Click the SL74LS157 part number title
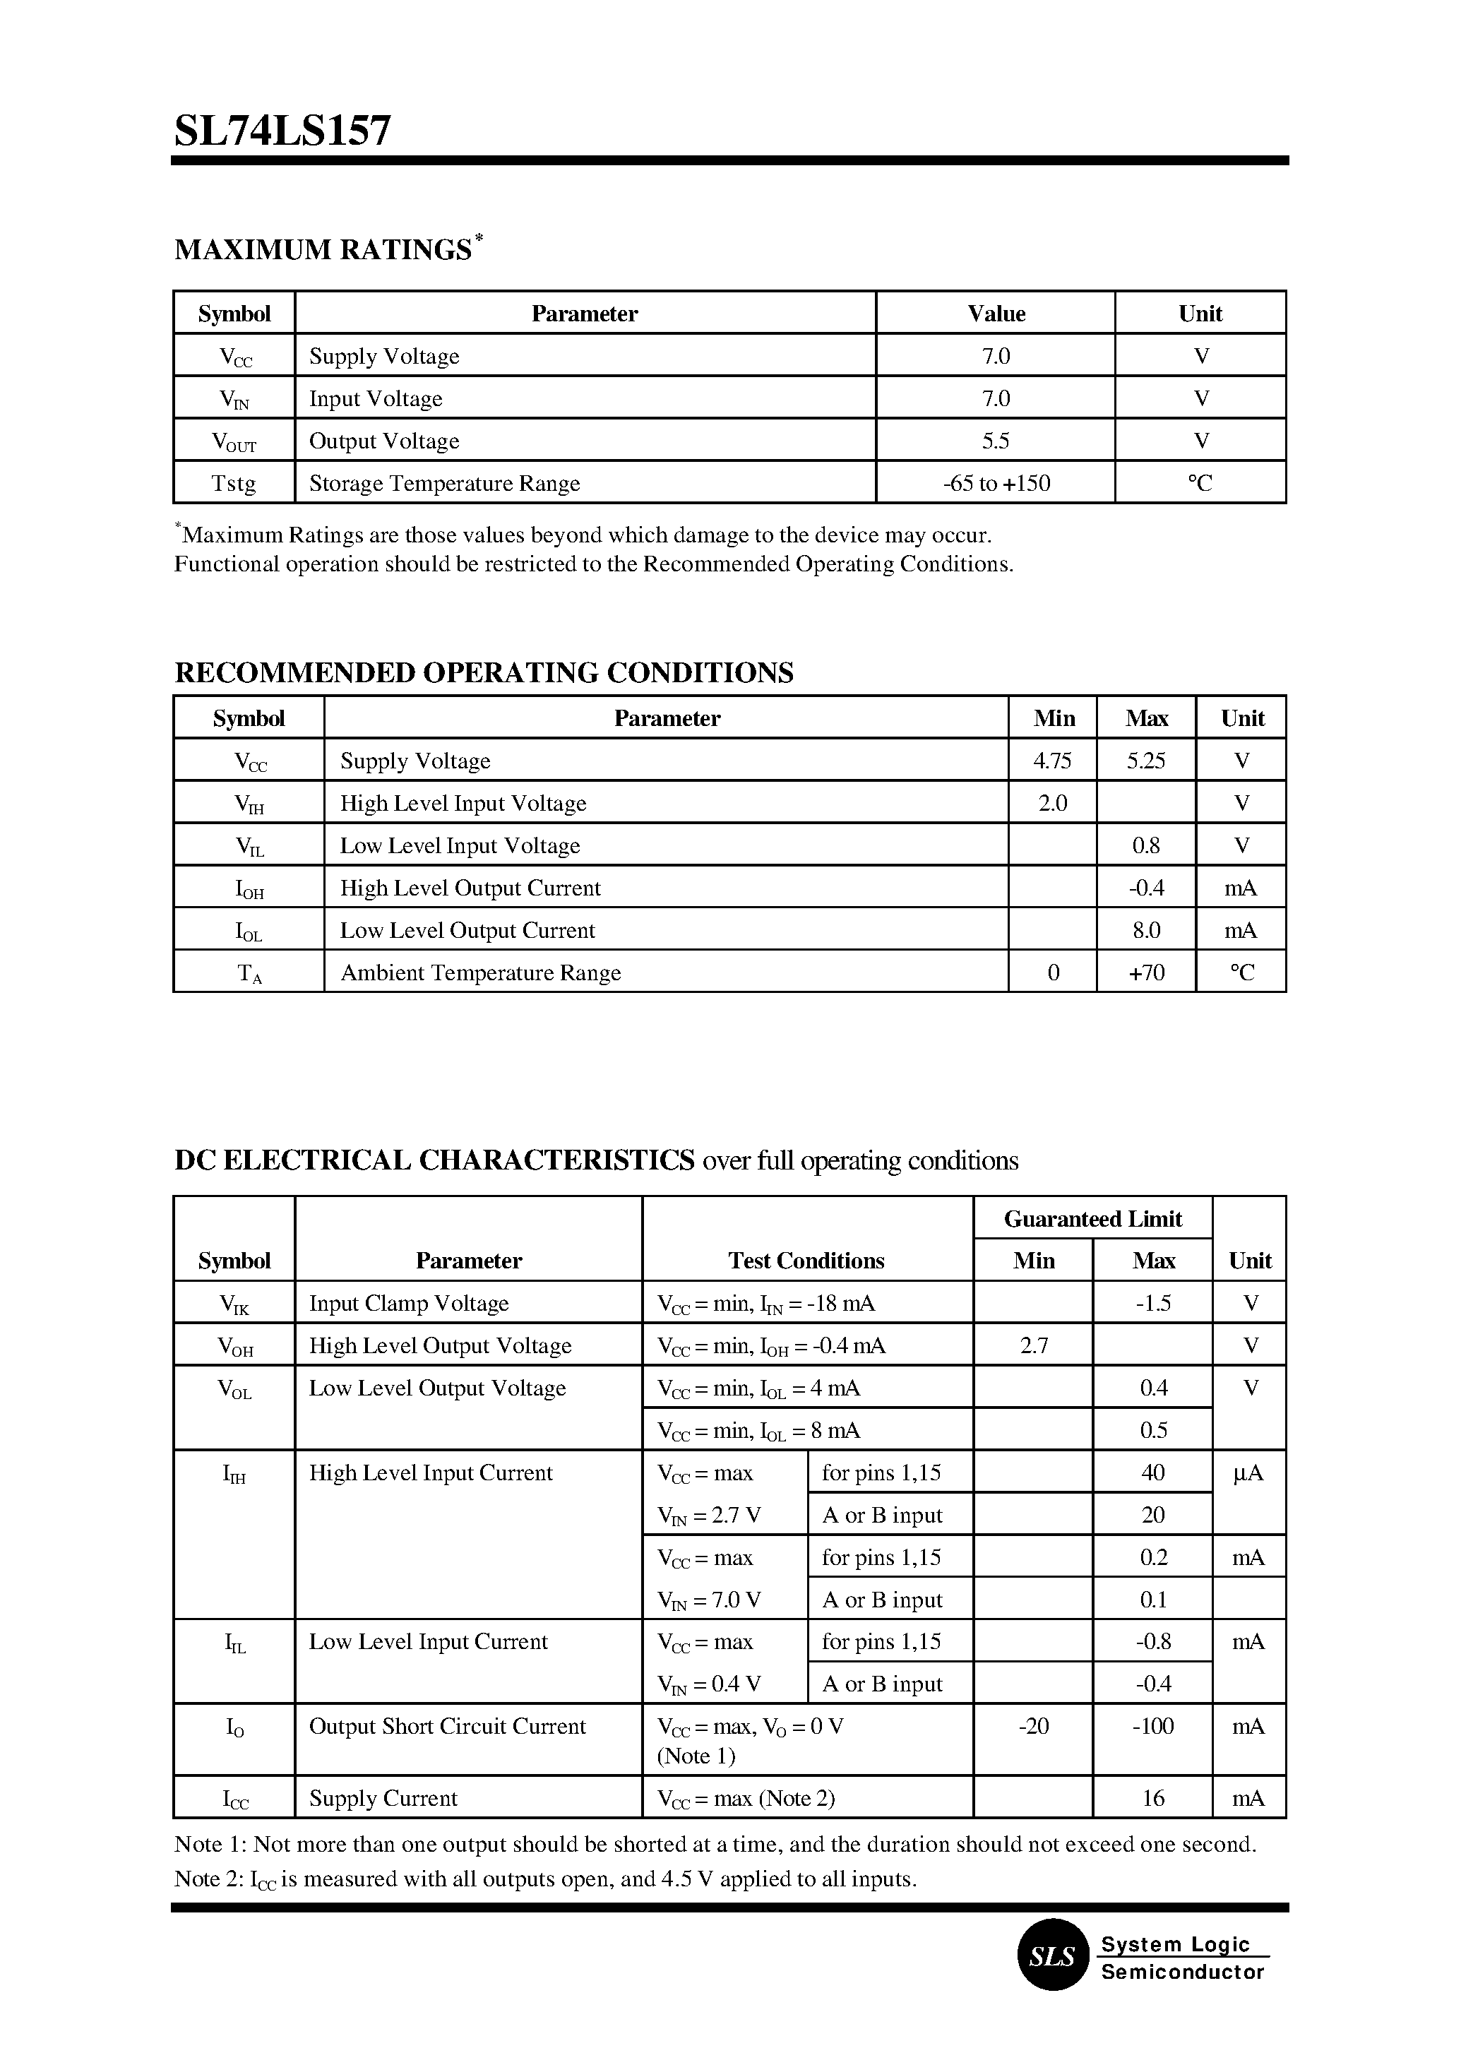(282, 132)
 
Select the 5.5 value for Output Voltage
(995, 441)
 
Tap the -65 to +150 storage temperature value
(996, 483)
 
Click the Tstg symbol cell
(234, 483)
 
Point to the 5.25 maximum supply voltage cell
(1145, 761)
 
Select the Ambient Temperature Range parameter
(480, 972)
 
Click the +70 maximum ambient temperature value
(1145, 972)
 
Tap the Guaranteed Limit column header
(1092, 1218)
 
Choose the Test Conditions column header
(806, 1261)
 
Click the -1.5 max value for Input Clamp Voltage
(1152, 1303)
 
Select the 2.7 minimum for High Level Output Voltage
(1034, 1345)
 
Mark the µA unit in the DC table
(1248, 1473)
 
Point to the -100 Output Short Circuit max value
(1152, 1726)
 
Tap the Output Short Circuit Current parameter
(447, 1726)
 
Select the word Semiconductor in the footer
(1182, 1971)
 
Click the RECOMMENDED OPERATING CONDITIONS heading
(483, 673)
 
